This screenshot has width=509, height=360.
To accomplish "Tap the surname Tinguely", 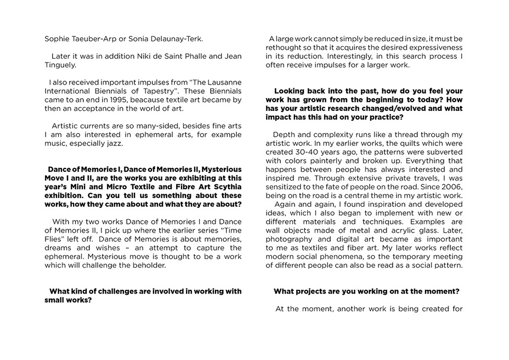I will [61, 65].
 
